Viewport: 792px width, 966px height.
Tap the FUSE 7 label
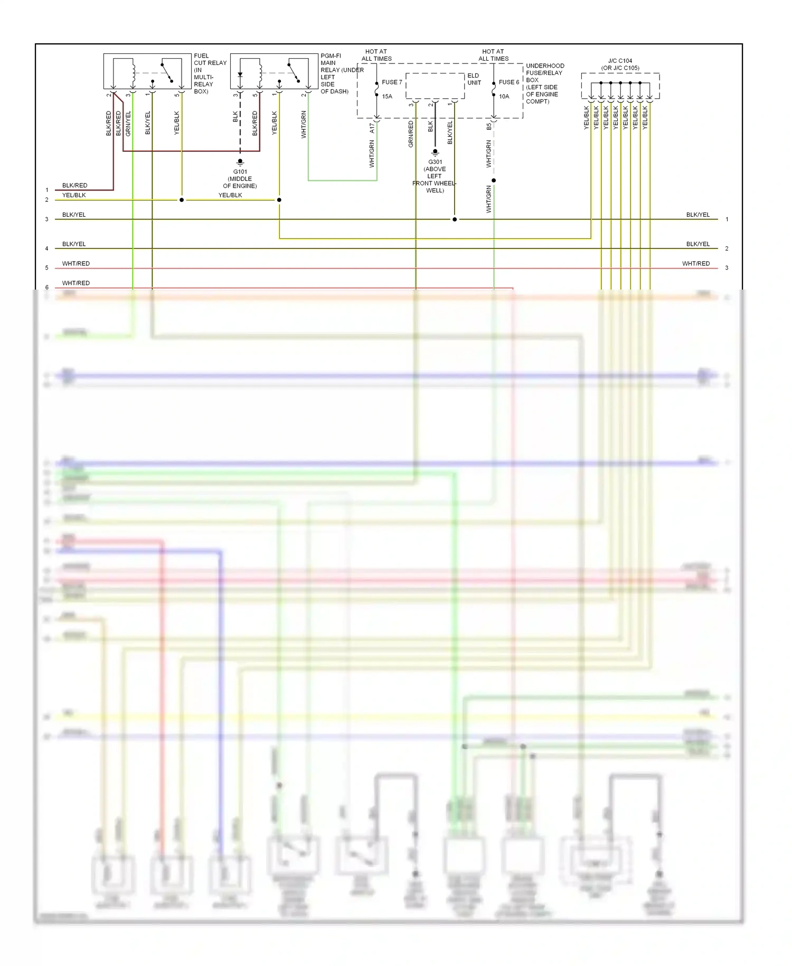(392, 82)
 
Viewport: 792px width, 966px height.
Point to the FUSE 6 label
(509, 82)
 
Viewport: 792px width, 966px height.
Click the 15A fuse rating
(387, 97)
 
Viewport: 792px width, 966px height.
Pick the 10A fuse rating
(504, 97)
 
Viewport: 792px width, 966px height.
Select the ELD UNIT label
(474, 79)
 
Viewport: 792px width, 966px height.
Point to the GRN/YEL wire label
(128, 124)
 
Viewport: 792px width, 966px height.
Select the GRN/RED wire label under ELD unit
(411, 134)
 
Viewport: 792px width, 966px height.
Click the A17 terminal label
(372, 127)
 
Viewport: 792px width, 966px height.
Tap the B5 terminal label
(489, 127)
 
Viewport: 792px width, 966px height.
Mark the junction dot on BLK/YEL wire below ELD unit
(455, 219)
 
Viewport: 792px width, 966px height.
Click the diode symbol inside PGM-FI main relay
(240, 75)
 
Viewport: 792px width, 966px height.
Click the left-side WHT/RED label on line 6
(76, 283)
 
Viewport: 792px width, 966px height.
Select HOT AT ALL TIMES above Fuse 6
(493, 55)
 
